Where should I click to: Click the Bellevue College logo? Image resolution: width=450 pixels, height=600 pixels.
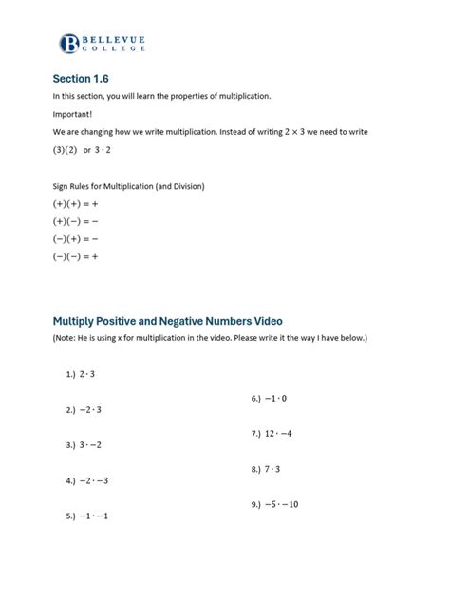(x=102, y=42)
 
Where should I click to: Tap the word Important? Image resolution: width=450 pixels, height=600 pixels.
(x=73, y=115)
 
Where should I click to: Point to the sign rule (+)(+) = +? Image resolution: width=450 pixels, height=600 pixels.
(x=76, y=204)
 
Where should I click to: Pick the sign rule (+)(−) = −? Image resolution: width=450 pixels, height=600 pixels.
(x=76, y=221)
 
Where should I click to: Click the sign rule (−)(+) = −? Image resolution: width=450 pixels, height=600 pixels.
(x=76, y=238)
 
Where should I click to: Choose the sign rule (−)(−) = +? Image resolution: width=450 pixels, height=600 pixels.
(x=76, y=255)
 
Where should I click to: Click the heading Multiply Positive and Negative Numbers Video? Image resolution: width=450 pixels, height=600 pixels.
(x=167, y=321)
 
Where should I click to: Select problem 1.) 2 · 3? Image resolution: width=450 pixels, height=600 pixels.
(x=81, y=374)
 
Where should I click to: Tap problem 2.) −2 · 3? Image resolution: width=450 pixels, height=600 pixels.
(x=84, y=410)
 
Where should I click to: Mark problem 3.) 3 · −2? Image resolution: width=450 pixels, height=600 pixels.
(x=84, y=444)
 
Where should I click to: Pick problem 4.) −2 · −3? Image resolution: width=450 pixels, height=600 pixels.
(x=87, y=480)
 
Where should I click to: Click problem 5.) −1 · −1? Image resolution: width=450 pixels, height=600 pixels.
(x=87, y=516)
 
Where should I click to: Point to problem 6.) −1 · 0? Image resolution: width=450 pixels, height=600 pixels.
(x=269, y=398)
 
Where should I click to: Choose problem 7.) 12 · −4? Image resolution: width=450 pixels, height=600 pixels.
(x=272, y=433)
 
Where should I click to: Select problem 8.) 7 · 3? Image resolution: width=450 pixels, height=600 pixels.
(x=266, y=469)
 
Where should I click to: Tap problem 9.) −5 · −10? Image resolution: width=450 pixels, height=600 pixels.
(x=275, y=504)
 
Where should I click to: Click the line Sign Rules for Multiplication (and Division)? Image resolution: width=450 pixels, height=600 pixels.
(x=128, y=185)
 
